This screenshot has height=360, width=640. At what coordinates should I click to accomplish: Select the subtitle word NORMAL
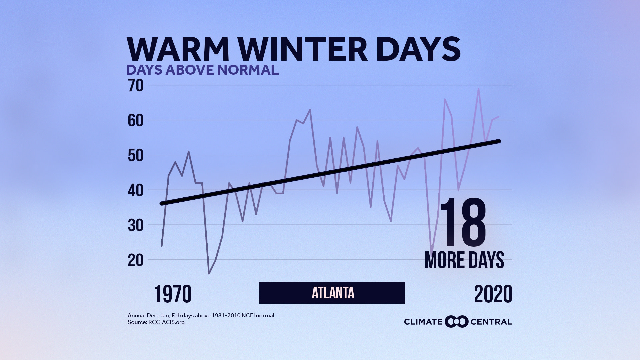point(248,70)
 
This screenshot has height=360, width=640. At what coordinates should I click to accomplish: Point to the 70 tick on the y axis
point(135,86)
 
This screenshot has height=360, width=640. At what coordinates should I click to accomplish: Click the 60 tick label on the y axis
point(135,121)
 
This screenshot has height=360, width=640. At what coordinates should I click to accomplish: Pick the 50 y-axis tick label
point(135,156)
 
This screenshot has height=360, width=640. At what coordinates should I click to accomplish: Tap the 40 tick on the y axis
point(135,190)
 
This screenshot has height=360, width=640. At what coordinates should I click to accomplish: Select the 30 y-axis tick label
point(135,225)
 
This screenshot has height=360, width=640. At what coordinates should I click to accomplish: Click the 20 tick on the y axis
point(135,260)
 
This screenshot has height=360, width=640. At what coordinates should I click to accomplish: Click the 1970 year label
point(173,294)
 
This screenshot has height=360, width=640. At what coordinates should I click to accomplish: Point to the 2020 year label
point(493,294)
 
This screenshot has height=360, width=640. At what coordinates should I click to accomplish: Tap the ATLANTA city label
point(332,293)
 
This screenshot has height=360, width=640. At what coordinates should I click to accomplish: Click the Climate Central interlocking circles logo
point(457,322)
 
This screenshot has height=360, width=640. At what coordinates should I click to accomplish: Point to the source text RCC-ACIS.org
point(166,322)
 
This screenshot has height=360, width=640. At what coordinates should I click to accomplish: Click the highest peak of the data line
point(479,89)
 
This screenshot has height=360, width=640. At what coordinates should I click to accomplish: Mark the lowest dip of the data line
point(209,274)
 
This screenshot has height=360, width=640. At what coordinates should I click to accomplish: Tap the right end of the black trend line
point(499,141)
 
